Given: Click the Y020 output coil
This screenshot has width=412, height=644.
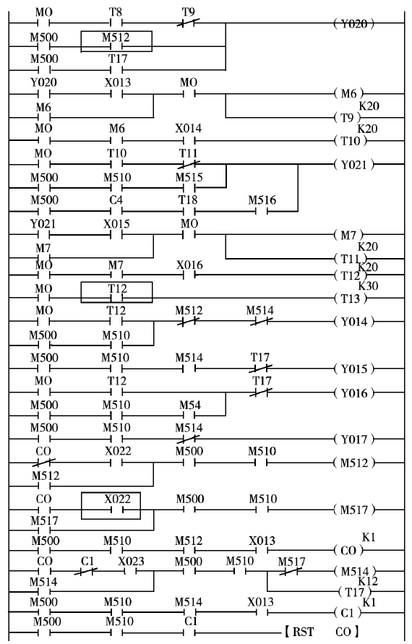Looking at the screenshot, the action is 353,24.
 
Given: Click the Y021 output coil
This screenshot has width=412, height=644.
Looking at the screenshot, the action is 354,165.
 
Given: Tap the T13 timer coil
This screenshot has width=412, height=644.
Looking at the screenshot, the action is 350,299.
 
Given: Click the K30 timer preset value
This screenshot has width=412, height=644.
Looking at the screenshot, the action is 368,285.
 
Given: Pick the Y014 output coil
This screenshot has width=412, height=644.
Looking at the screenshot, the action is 354,321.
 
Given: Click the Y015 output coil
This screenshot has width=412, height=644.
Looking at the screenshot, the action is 354,369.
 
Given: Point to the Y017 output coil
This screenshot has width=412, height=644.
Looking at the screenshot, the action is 354,439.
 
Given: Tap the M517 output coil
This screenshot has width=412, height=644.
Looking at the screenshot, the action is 354,510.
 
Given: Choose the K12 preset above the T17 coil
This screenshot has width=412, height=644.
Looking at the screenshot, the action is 368,581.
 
